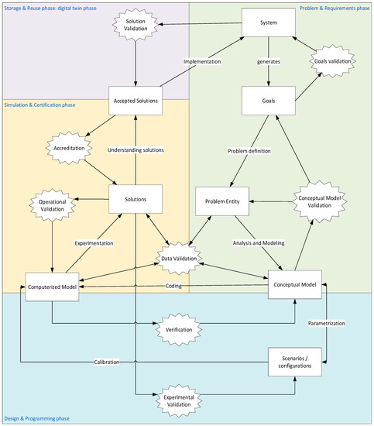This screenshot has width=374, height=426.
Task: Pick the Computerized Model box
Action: point(53,286)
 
